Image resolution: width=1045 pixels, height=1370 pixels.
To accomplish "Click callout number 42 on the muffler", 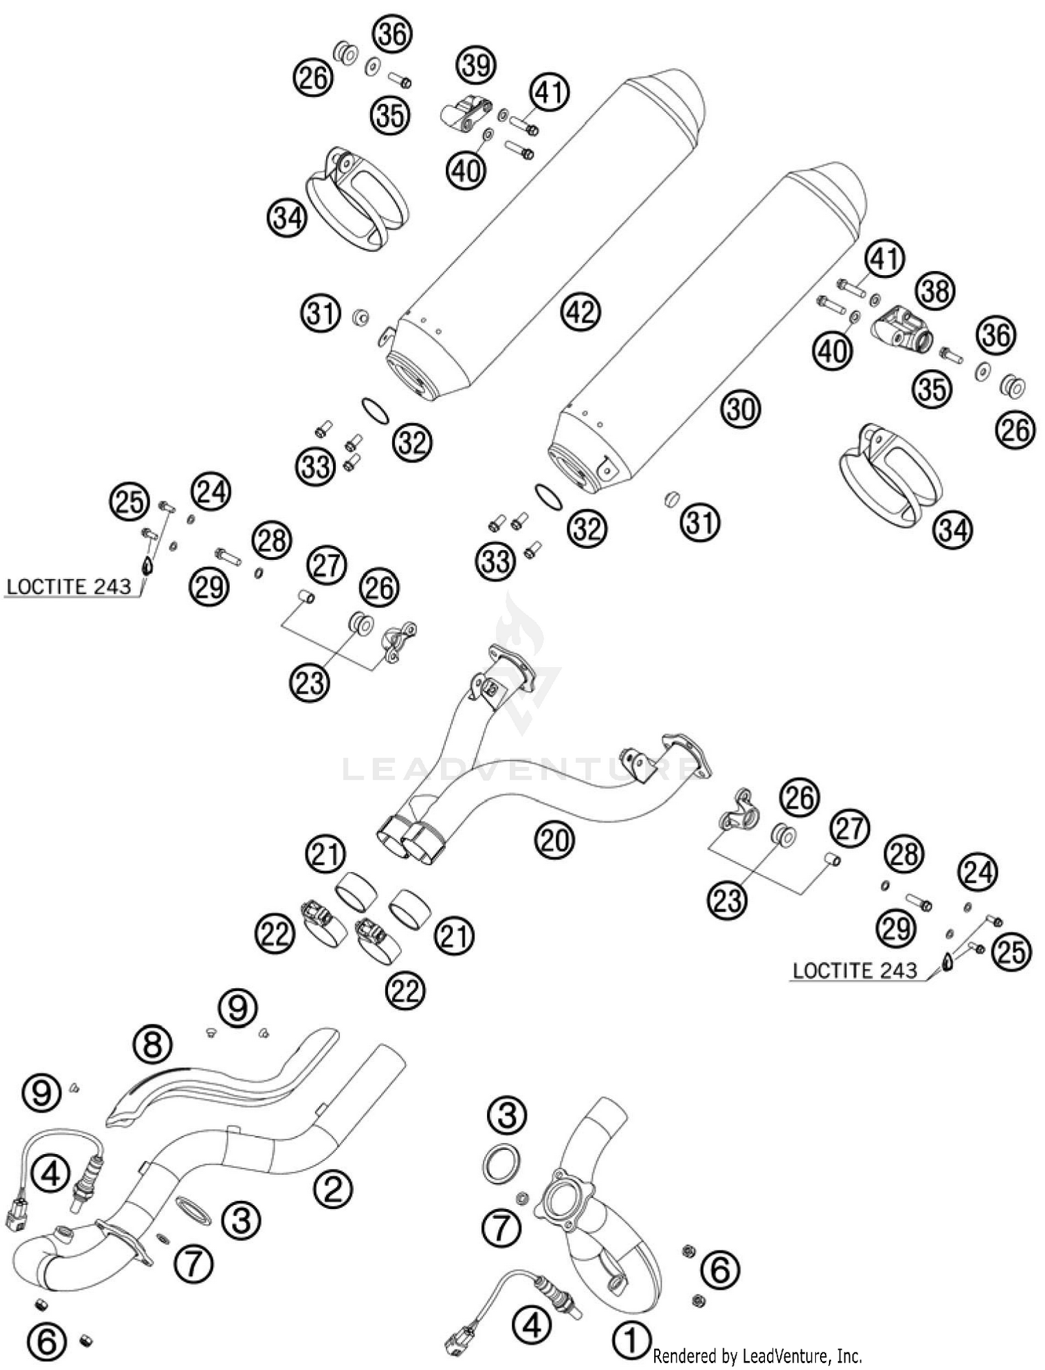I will coord(581,312).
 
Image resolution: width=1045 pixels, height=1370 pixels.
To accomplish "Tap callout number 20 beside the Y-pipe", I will coord(555,840).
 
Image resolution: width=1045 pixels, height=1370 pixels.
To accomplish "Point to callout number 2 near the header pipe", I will coord(332,1188).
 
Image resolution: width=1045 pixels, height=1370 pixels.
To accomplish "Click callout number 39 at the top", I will coord(476,65).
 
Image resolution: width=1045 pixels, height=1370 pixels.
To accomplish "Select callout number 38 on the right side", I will coord(935,290).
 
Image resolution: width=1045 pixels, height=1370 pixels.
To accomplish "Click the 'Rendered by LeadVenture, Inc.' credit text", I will coord(757,1356).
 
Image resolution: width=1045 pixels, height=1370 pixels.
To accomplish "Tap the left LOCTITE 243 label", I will coord(68,586).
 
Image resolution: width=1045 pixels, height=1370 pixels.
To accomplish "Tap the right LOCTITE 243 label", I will coord(855,970).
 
